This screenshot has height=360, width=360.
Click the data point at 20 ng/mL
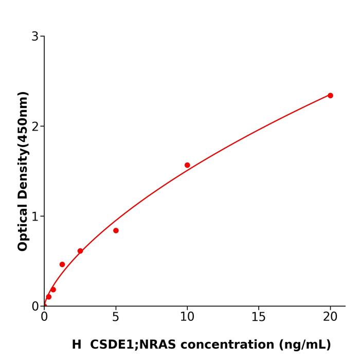coord(330,96)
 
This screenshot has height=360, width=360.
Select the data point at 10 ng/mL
coord(187,165)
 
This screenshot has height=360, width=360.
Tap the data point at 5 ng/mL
coord(116,230)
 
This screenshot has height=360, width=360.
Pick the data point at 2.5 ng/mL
coord(80,251)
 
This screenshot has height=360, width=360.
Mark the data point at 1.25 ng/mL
coord(62,264)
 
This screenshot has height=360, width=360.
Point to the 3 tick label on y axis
coord(35,37)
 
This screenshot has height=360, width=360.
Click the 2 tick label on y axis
coord(35,127)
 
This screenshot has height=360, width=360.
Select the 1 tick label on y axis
coord(35,217)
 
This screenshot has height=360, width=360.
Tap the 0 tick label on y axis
coord(35,307)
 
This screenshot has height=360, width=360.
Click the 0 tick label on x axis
coord(44,317)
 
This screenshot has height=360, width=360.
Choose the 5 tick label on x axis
coord(116,317)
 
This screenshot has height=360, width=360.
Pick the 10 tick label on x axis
coord(187,317)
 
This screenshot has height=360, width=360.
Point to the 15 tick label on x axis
coord(259,317)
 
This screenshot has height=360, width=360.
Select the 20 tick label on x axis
coord(330,317)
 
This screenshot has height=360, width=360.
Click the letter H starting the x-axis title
coord(77,345)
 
